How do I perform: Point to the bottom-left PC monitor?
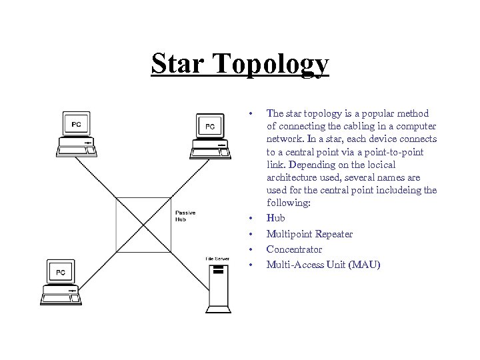coord(60,273)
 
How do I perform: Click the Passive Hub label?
coord(185,215)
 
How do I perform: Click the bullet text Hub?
coord(275,218)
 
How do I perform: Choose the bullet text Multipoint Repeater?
coord(309,234)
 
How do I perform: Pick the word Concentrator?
coord(294,249)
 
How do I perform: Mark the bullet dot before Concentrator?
coord(251,250)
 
